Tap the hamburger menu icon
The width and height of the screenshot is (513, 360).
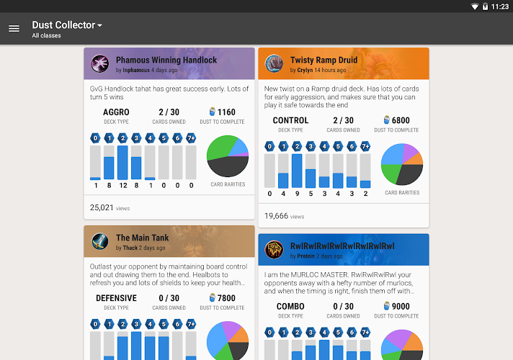click(14, 29)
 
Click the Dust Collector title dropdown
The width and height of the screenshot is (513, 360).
click(67, 25)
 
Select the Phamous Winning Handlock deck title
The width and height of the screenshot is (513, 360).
click(166, 60)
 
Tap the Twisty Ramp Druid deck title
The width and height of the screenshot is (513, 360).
click(324, 60)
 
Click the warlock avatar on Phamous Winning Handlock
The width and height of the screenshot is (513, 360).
click(99, 64)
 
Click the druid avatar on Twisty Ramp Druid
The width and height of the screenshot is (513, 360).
click(274, 64)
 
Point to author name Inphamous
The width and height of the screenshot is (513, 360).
click(136, 71)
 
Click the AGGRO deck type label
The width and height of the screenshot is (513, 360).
click(116, 112)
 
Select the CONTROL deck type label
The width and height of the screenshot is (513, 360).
click(290, 120)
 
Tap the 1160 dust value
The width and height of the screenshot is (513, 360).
click(226, 112)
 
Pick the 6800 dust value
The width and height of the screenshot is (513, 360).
click(401, 120)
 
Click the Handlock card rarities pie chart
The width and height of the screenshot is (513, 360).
click(228, 156)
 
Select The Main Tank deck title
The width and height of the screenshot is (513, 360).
click(142, 238)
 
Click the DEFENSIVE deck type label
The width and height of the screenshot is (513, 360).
click(116, 298)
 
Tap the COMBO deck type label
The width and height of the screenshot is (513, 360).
click(290, 306)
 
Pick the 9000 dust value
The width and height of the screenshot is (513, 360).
click(401, 306)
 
